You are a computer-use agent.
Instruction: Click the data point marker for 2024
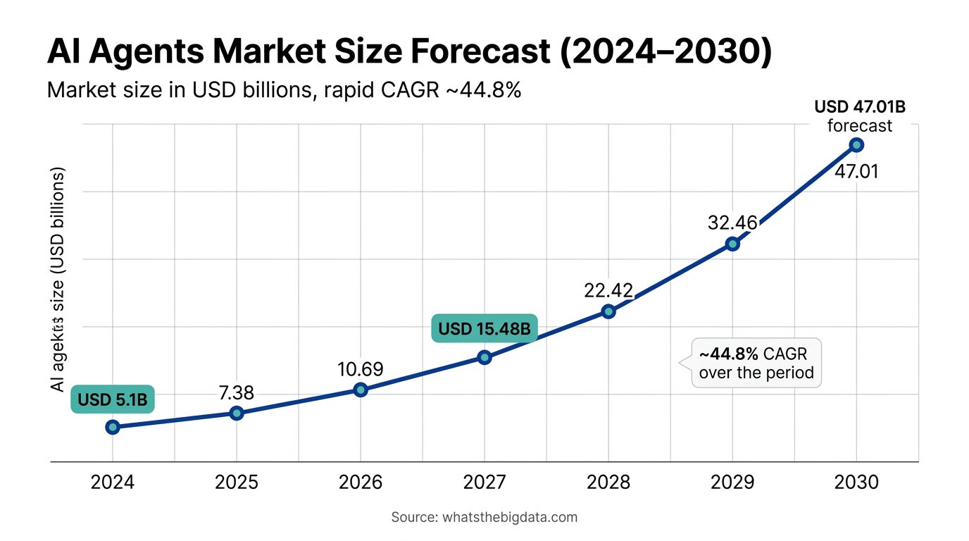[113, 427]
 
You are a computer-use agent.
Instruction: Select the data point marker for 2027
[484, 357]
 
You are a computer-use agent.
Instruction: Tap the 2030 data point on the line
[856, 145]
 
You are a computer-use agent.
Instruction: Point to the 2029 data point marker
[732, 244]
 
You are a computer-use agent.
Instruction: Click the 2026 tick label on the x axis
[361, 483]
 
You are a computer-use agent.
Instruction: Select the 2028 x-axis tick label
[608, 483]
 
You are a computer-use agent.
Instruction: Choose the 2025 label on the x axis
[237, 483]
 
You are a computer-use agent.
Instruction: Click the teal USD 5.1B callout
[113, 400]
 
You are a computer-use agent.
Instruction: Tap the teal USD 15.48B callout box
[484, 329]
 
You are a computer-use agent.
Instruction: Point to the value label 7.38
[237, 393]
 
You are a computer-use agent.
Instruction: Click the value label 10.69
[360, 369]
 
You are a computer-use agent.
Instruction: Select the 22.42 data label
[608, 290]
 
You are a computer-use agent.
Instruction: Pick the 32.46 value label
[732, 223]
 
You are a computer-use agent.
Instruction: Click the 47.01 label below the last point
[856, 171]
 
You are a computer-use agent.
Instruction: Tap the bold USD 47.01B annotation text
[859, 108]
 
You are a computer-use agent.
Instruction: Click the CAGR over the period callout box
[756, 362]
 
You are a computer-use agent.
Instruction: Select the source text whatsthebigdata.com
[509, 517]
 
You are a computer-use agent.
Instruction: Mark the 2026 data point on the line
[361, 390]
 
